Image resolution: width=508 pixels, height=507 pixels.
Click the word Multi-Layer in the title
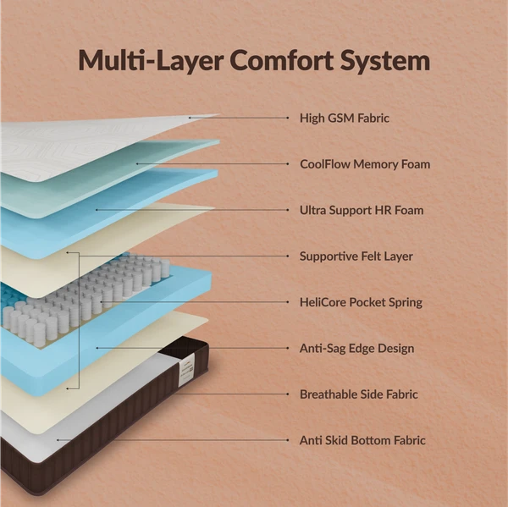151,60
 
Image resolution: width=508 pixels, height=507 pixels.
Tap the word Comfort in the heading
282,60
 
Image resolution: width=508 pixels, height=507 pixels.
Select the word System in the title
385,62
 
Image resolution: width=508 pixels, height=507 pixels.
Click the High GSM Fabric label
345,118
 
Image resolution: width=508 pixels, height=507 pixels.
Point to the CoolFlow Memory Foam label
365,164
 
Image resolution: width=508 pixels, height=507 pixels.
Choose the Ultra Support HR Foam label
362,210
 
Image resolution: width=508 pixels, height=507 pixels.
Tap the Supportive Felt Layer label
356,256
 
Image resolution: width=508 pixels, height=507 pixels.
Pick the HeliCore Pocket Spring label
361,302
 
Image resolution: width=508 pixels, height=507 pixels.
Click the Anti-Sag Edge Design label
356,348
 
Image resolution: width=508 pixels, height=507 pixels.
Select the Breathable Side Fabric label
359,394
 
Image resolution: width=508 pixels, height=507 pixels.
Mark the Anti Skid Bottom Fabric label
362,440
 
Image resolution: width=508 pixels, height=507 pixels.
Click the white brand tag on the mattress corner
187,370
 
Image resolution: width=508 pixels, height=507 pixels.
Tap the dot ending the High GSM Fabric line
288,118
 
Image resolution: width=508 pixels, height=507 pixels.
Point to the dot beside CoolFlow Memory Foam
288,164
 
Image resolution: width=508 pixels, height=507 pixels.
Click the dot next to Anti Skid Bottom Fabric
288,440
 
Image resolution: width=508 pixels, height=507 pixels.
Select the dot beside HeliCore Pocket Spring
288,302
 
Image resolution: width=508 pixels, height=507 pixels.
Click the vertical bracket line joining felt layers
79,321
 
